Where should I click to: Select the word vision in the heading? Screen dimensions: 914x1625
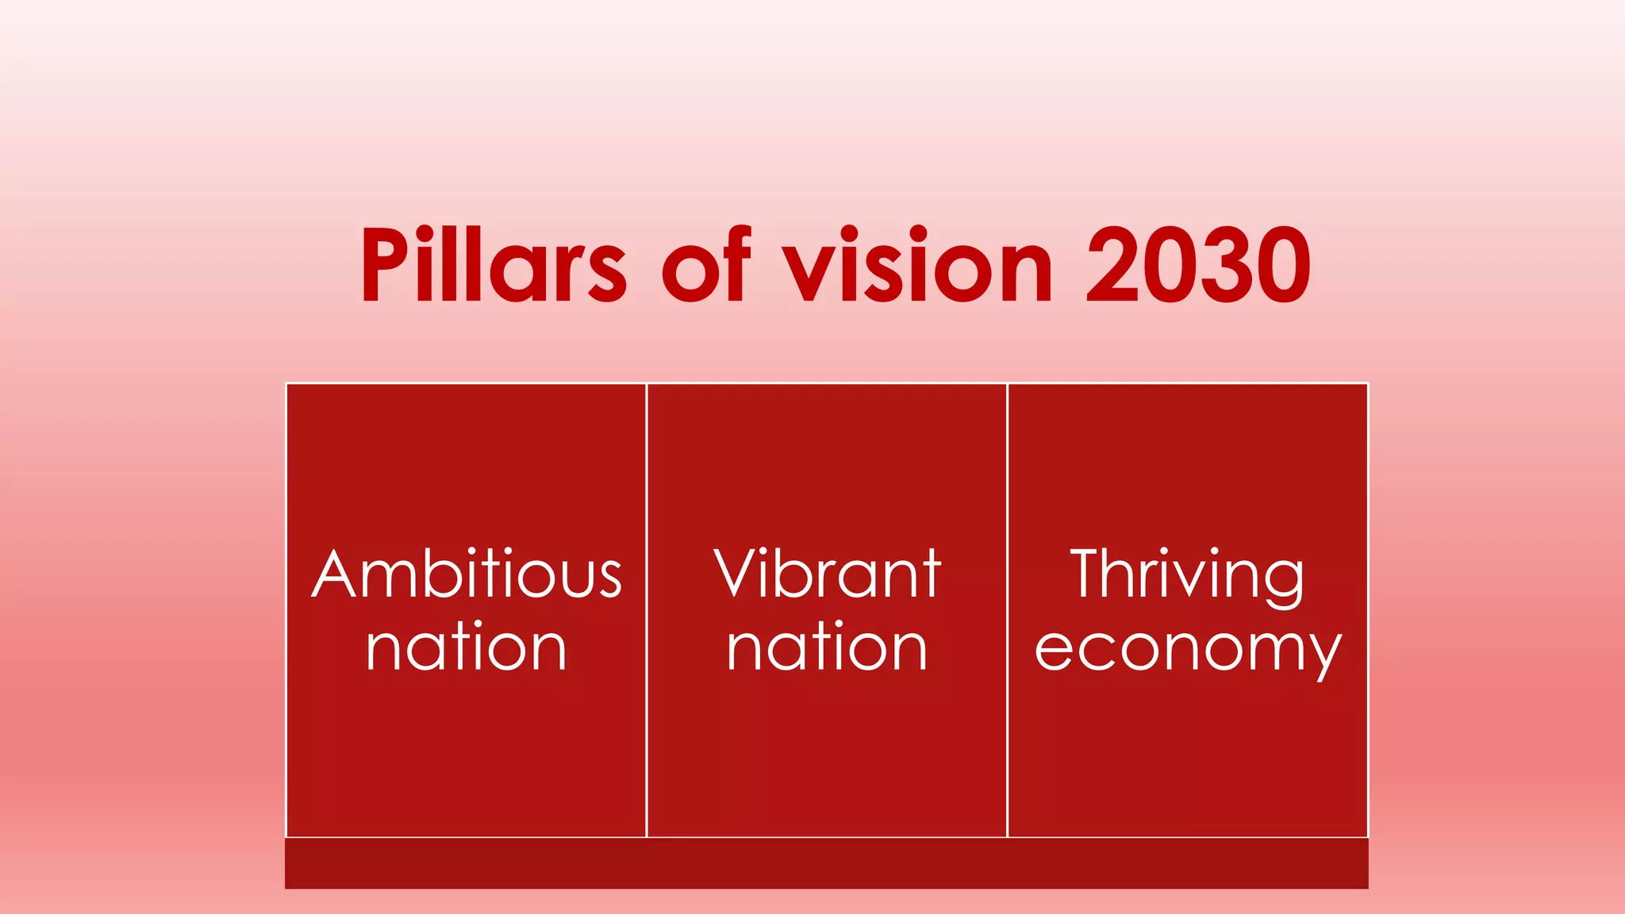click(x=917, y=265)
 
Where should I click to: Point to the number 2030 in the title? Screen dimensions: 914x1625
click(x=1198, y=265)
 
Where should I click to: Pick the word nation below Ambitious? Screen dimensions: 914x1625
click(x=467, y=647)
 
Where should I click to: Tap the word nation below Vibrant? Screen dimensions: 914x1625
click(x=827, y=647)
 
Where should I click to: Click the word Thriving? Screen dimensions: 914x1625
click(x=1187, y=574)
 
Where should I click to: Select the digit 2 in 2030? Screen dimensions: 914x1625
click(x=1112, y=265)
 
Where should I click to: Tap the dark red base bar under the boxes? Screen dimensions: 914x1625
click(x=827, y=863)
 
